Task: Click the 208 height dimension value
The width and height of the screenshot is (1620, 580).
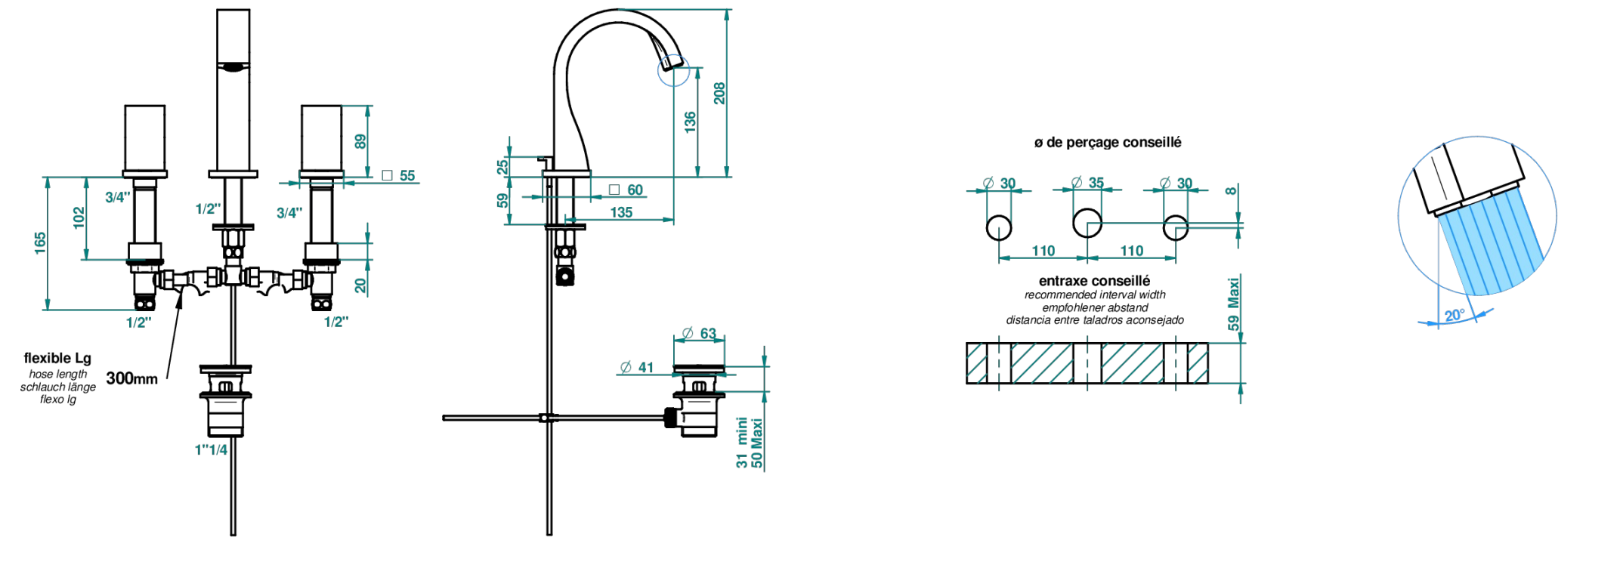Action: (x=719, y=94)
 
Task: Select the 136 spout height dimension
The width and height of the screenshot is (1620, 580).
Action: (x=690, y=122)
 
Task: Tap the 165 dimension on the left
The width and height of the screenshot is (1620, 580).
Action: (x=40, y=243)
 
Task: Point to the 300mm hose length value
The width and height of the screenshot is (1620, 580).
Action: (x=132, y=378)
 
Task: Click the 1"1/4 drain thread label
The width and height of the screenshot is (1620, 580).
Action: (x=211, y=450)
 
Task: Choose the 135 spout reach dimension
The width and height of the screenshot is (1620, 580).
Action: (x=621, y=212)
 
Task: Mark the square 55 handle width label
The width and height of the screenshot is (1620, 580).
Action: (x=398, y=176)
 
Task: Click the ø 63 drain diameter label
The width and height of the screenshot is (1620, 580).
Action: (x=699, y=333)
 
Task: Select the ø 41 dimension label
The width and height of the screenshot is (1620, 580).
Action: (x=637, y=367)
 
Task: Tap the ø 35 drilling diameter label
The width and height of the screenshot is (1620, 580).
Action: (x=1088, y=183)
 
